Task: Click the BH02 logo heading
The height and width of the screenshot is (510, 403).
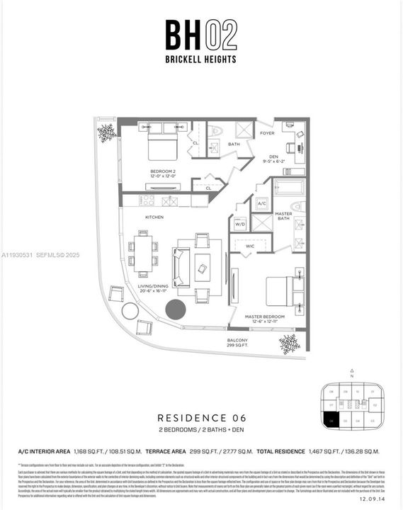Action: pos(201,35)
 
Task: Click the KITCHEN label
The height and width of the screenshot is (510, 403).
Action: pos(154,217)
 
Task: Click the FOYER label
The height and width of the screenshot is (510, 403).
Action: pos(266,132)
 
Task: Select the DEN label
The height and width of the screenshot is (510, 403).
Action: pos(273,158)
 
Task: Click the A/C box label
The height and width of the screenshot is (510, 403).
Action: pos(261,203)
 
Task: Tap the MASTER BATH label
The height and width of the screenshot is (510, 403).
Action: pos(283,217)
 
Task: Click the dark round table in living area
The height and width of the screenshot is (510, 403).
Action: pos(175,309)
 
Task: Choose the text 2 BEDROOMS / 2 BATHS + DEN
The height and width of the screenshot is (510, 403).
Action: pos(201,430)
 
